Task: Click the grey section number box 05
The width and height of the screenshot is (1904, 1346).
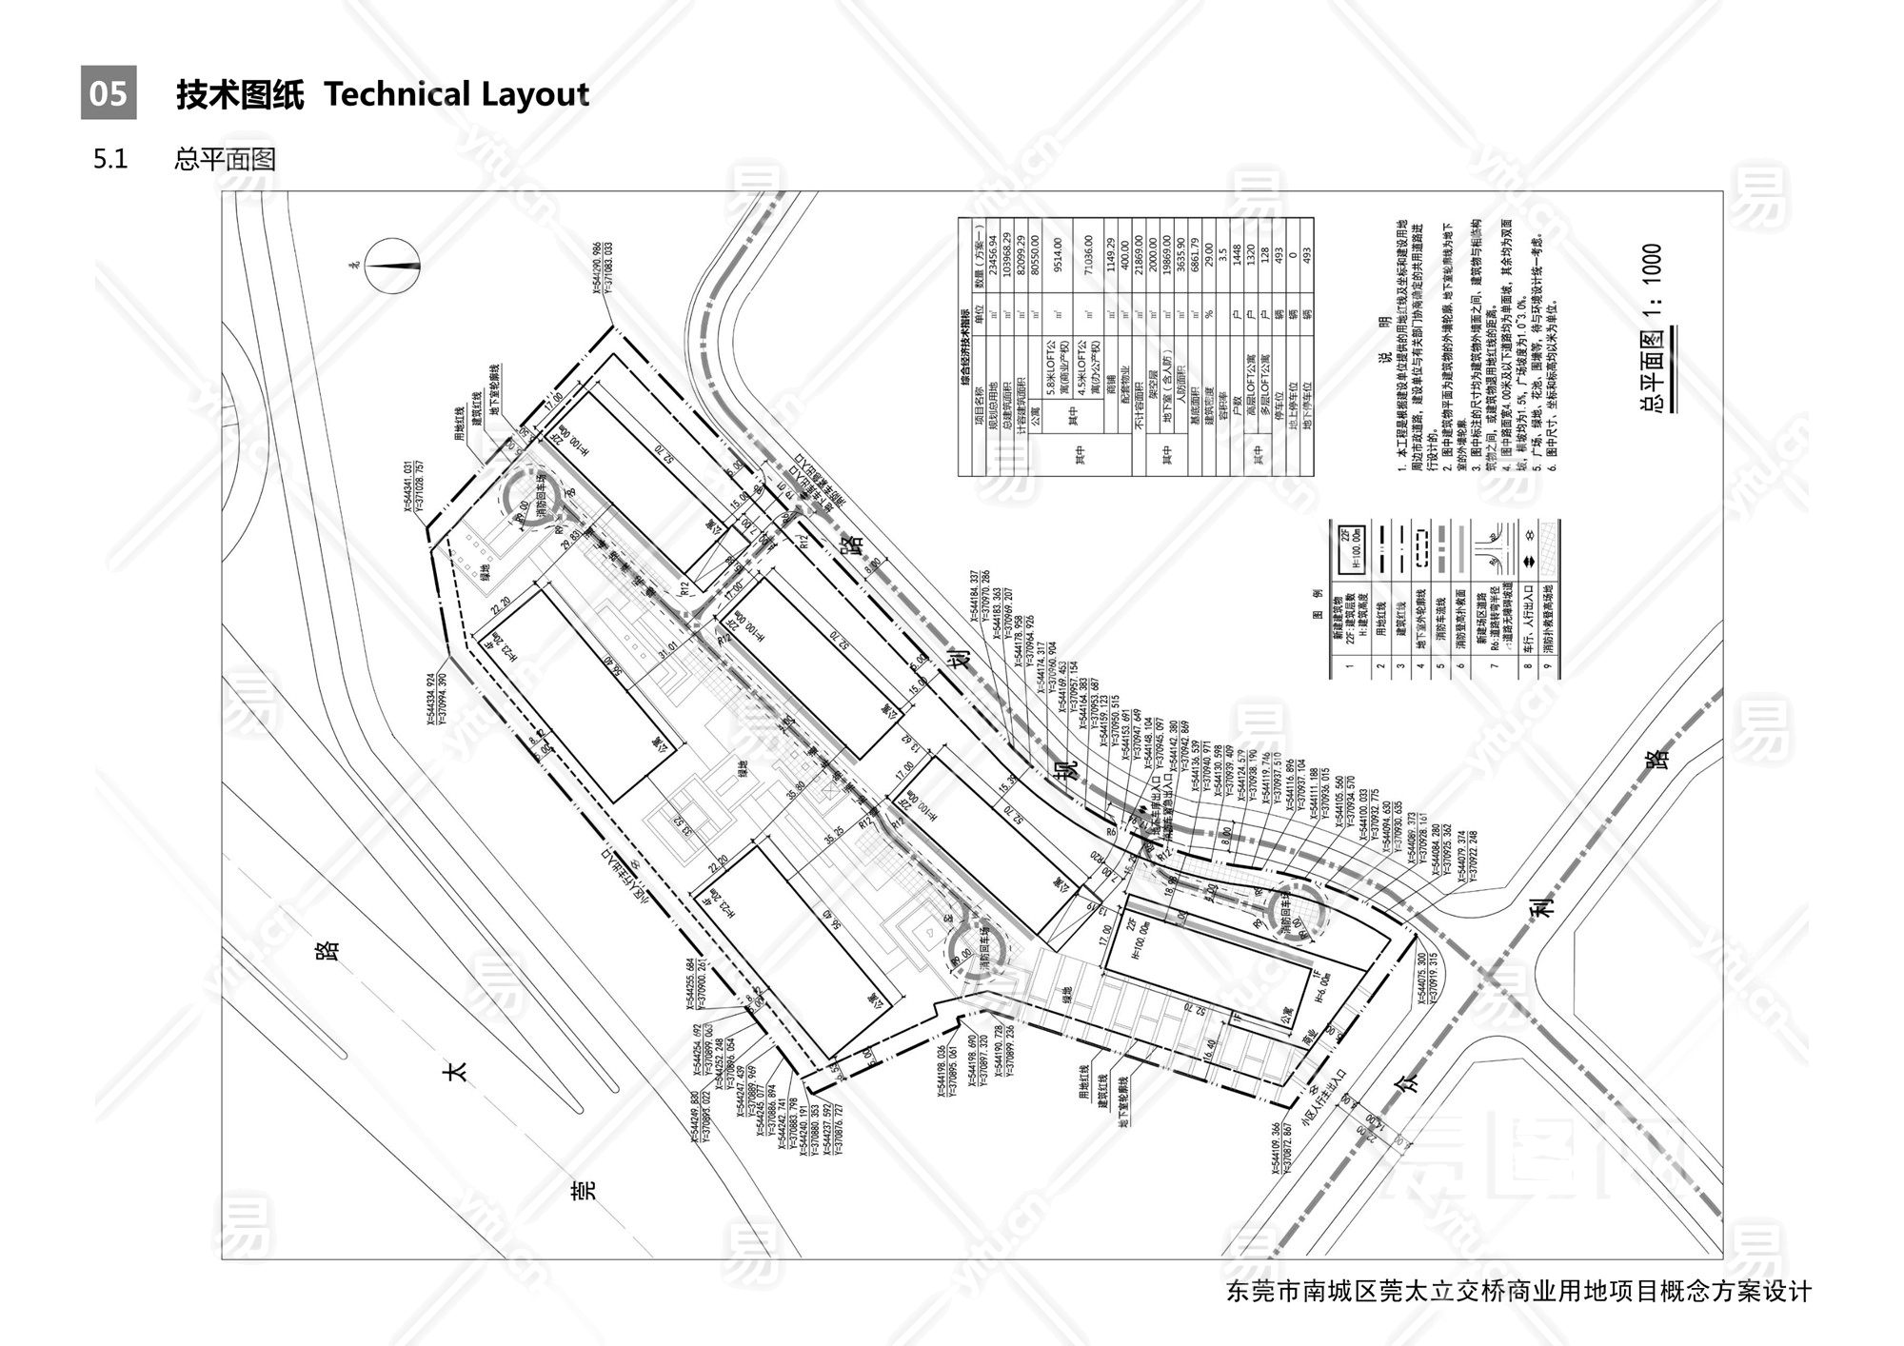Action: tap(108, 92)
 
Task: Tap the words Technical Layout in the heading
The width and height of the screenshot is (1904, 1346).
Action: tap(456, 94)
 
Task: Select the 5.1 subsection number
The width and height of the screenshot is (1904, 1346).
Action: tap(110, 159)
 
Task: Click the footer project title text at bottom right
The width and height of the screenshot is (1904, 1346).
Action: tap(1518, 1292)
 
